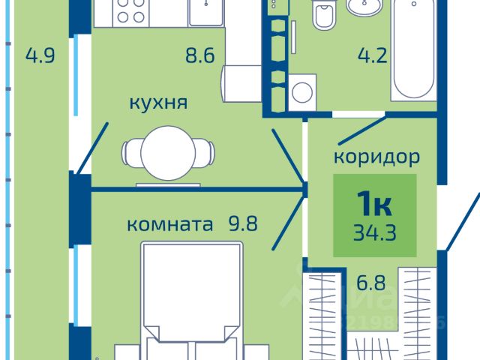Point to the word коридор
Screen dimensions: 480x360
click(x=376, y=157)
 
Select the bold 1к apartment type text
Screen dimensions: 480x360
click(x=373, y=202)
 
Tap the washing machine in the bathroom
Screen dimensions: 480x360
click(x=302, y=92)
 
